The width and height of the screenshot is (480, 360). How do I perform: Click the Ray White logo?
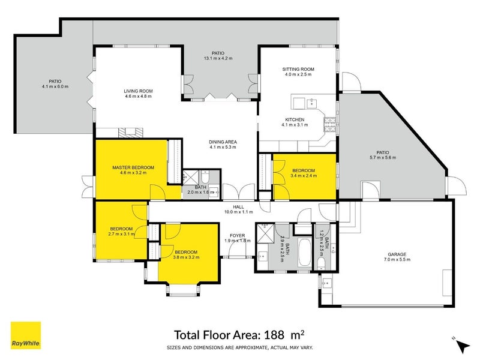point(26,335)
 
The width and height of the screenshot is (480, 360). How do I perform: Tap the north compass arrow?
point(463,346)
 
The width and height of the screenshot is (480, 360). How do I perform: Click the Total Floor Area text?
point(239,335)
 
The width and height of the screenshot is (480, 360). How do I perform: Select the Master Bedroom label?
point(133,167)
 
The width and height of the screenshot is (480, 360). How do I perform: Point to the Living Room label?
point(138,91)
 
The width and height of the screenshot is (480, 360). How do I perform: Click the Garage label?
point(397,254)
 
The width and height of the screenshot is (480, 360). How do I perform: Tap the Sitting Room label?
point(298,69)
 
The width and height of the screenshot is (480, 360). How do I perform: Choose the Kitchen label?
point(295,119)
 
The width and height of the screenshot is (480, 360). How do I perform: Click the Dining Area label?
point(223,142)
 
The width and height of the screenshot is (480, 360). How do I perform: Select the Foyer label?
point(237,235)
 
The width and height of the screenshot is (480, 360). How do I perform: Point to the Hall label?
point(238,207)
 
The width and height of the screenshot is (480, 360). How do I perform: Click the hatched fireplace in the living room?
point(131,133)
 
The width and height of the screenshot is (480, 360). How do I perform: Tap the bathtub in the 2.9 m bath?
point(305,253)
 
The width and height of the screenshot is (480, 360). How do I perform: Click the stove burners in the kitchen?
point(330,124)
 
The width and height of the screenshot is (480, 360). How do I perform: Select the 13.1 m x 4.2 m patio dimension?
point(218,58)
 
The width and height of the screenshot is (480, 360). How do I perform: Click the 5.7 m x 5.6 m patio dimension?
point(383,158)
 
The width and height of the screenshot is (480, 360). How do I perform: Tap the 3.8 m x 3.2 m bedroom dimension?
point(186,257)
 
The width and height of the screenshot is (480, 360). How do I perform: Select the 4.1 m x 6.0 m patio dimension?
point(55,86)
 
